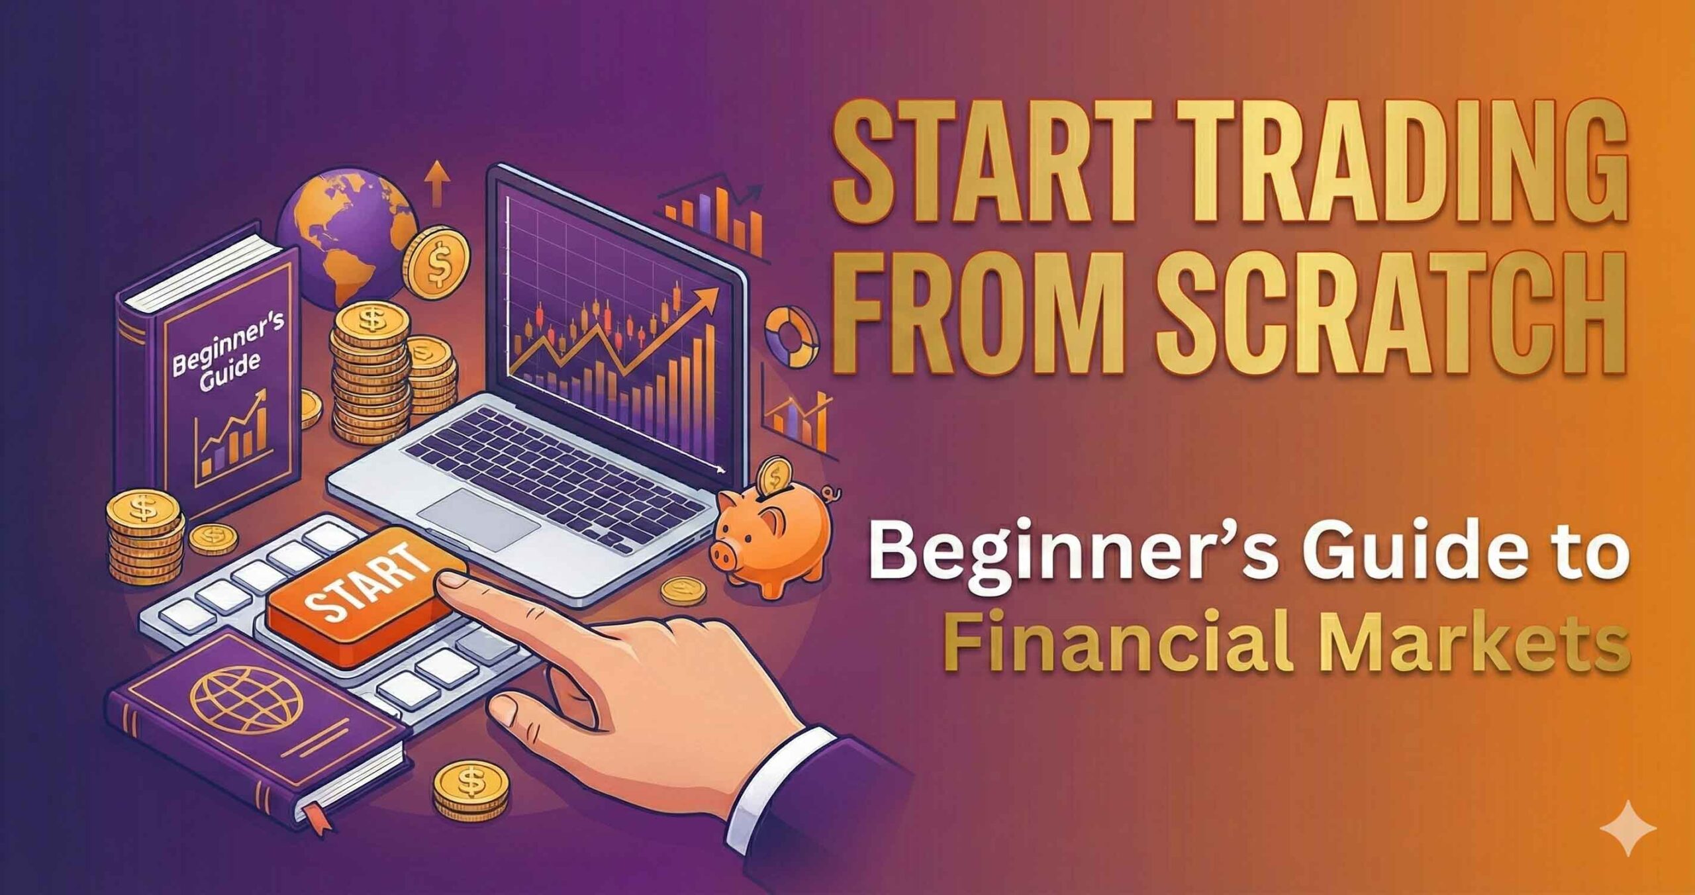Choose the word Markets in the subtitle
pyautogui.click(x=1476, y=642)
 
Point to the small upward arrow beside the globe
pyautogui.click(x=436, y=182)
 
